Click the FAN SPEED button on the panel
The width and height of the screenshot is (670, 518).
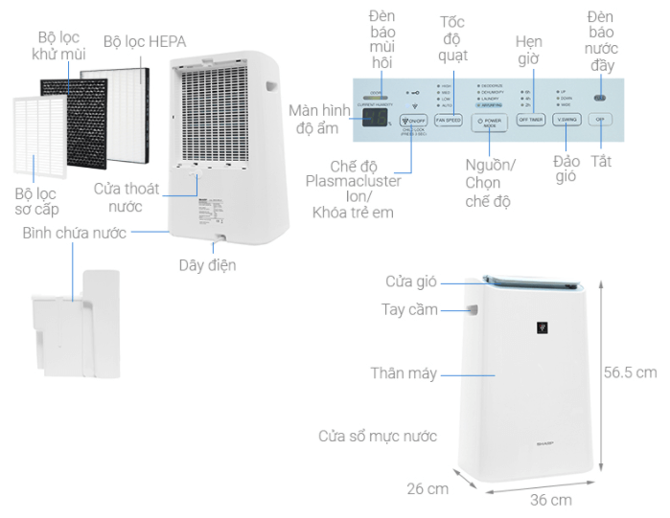449,121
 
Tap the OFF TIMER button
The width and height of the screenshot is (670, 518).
530,121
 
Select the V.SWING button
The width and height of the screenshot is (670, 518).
564,121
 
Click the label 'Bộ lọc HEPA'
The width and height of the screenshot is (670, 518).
145,41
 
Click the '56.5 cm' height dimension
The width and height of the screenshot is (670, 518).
630,372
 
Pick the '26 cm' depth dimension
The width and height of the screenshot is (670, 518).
427,488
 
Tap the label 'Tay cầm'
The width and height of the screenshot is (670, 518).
409,310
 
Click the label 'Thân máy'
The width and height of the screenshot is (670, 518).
404,373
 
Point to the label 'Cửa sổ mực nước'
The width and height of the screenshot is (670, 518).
378,437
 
